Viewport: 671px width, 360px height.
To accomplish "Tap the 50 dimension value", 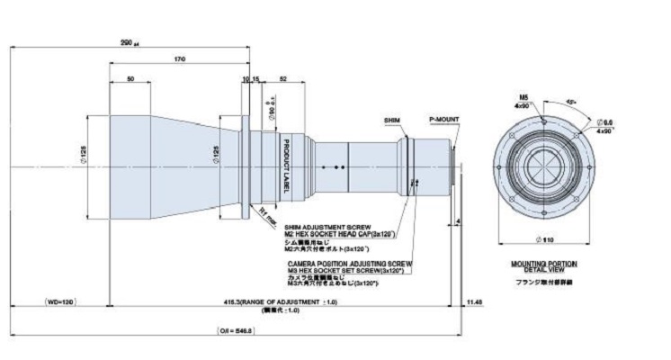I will (131, 80).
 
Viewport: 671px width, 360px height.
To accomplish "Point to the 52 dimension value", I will (284, 80).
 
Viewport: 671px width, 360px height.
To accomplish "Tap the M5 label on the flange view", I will (523, 94).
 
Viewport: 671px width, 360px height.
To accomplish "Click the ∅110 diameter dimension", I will (543, 240).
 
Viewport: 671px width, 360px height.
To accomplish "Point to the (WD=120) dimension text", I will (60, 301).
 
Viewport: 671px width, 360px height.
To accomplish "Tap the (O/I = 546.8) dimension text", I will (236, 330).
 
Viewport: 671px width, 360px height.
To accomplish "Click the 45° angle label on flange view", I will (572, 101).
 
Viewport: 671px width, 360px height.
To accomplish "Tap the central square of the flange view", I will (543, 166).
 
